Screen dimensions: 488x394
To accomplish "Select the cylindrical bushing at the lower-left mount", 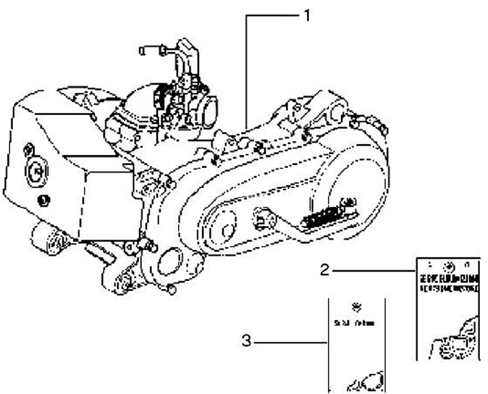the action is pyautogui.click(x=48, y=242).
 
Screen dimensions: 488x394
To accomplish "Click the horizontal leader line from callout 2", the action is pyautogui.click(x=373, y=270).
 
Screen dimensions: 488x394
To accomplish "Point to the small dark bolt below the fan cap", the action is pyautogui.click(x=43, y=198).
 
